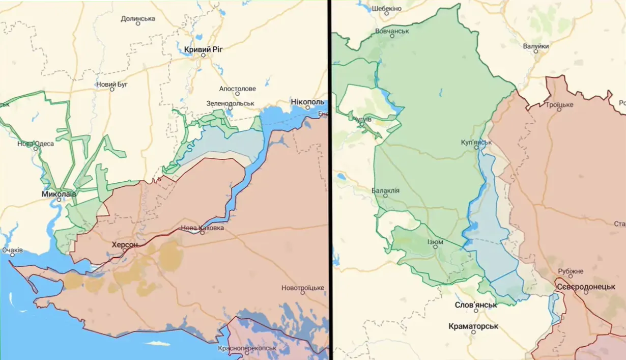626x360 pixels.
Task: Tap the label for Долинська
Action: [x=138, y=19]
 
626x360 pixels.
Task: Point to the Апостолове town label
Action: [x=237, y=89]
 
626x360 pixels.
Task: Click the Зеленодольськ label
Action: [x=230, y=103]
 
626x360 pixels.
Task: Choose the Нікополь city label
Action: [x=307, y=101]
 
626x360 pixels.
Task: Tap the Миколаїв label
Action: [x=59, y=194]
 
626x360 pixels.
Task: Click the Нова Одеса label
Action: [x=36, y=143]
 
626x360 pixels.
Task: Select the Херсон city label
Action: [x=125, y=244]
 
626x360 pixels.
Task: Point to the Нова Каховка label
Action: [x=203, y=228]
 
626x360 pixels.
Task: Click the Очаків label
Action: [x=12, y=250]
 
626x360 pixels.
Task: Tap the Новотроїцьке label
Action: [x=303, y=288]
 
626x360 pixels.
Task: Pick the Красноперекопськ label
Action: [x=247, y=348]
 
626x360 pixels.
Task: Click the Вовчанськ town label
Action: [x=392, y=31]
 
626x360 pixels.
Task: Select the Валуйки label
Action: [x=536, y=46]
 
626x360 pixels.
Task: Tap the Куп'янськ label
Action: [x=476, y=142]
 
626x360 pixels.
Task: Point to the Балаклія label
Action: [x=385, y=191]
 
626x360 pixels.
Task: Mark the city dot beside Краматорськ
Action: [x=473, y=332]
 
